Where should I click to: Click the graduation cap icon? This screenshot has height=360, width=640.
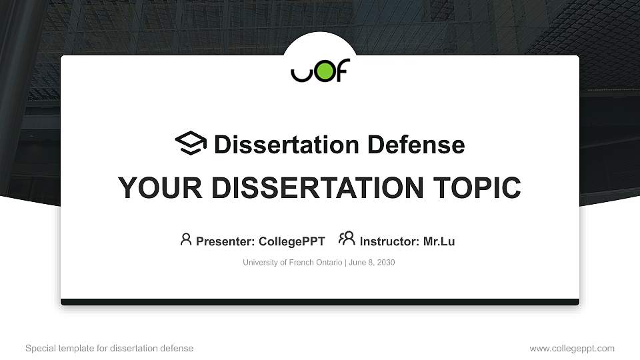tap(191, 143)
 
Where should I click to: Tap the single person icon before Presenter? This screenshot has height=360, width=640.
tap(186, 239)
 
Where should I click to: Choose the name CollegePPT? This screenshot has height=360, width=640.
tap(291, 241)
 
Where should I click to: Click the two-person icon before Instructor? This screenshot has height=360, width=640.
tap(347, 239)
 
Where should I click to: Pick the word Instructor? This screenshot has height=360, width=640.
tap(389, 241)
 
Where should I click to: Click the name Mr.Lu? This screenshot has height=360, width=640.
tap(439, 241)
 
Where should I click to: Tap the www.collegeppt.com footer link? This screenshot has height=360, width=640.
tap(572, 348)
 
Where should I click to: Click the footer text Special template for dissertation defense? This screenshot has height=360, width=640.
tap(109, 348)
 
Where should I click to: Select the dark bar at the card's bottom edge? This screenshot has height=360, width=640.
tap(320, 302)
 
